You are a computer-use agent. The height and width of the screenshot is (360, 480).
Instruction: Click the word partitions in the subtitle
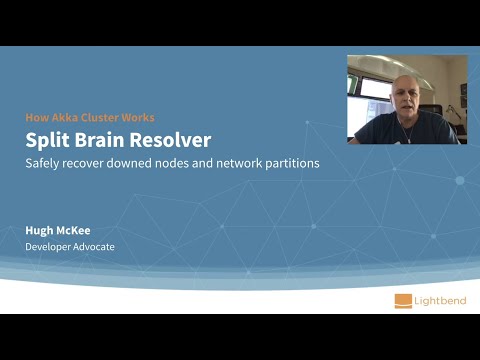pyautogui.click(x=296, y=162)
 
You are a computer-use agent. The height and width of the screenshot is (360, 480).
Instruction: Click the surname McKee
pyautogui.click(x=79, y=229)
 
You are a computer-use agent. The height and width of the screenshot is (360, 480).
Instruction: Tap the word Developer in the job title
pyautogui.click(x=47, y=246)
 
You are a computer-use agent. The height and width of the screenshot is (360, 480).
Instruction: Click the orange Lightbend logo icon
pyautogui.click(x=404, y=299)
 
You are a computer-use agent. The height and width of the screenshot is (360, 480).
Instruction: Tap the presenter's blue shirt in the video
pyautogui.click(x=406, y=130)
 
